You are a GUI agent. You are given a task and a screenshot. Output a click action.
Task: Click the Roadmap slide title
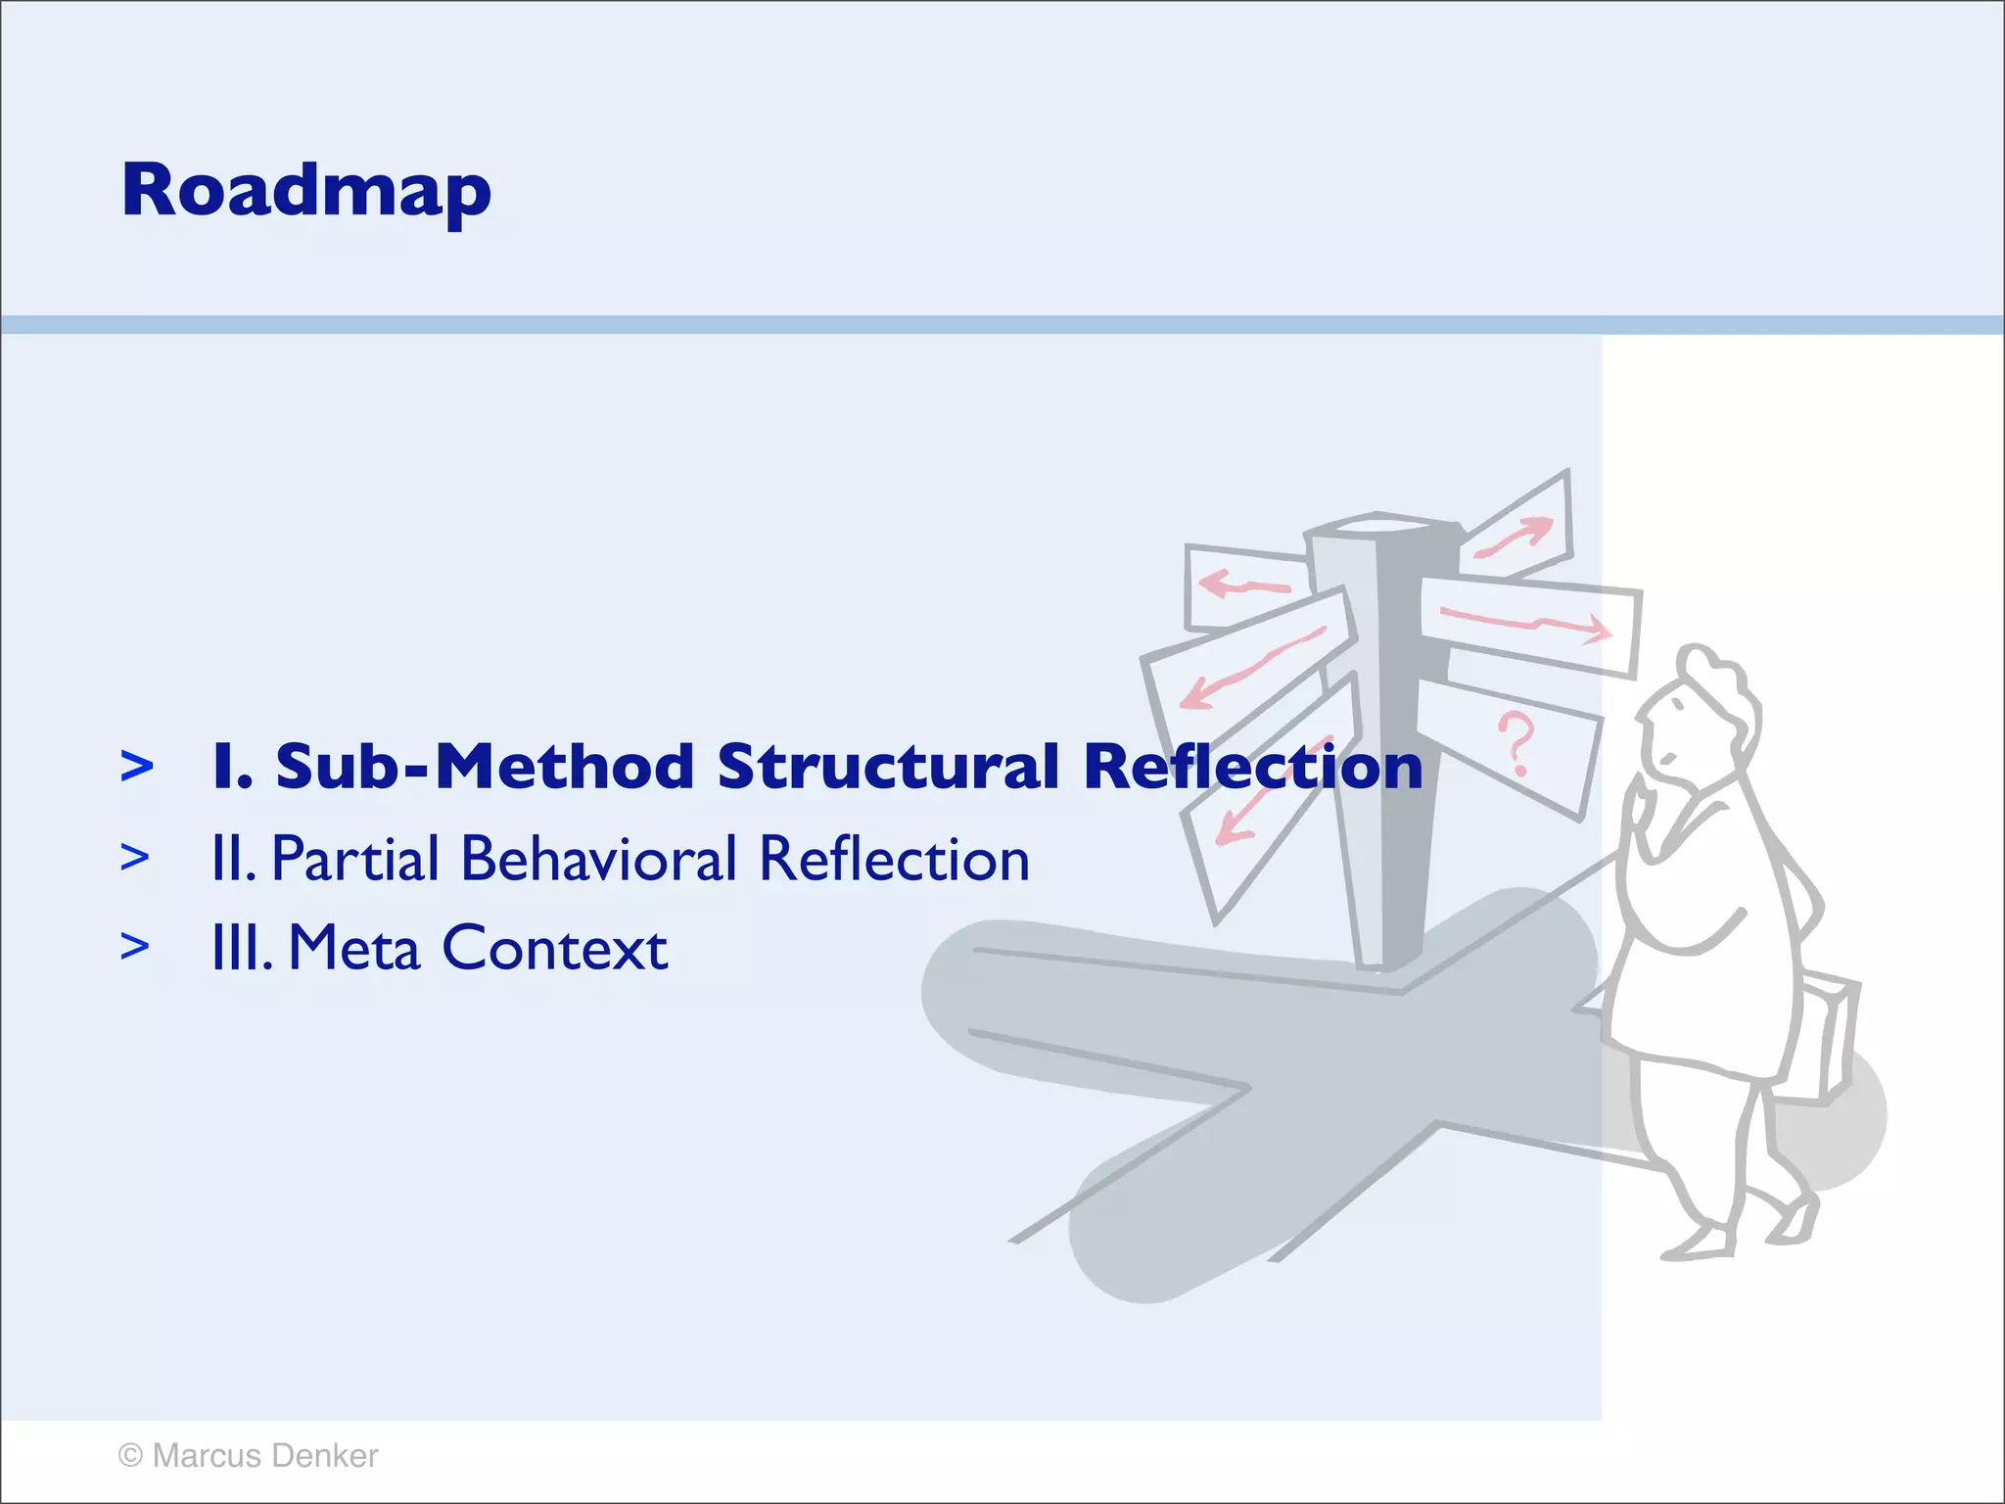click(305, 191)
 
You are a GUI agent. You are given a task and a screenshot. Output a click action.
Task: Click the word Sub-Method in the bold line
click(485, 766)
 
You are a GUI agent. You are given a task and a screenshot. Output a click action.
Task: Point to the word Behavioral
click(598, 860)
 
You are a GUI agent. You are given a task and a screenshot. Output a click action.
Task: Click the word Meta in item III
click(354, 948)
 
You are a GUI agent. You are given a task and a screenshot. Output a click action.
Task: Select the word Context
click(555, 948)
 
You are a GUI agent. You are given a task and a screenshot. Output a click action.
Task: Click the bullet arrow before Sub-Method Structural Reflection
click(136, 766)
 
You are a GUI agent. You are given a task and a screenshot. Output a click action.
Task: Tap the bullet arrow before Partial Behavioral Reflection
click(135, 858)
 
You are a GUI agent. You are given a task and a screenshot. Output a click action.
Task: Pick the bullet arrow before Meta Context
click(135, 947)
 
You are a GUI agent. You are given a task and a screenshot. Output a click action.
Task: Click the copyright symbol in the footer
click(130, 1456)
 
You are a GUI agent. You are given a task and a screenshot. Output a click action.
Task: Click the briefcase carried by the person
click(1829, 1038)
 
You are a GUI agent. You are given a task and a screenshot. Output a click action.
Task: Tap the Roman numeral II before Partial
click(233, 860)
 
